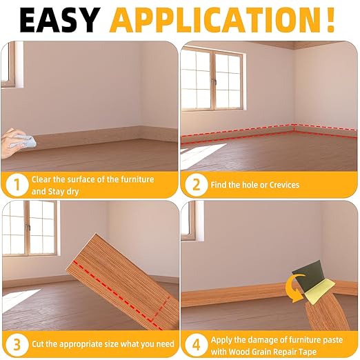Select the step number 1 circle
tap(15, 185)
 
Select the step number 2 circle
tap(197, 185)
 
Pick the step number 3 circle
tap(15, 343)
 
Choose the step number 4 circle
tap(197, 343)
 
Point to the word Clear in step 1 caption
tap(43, 179)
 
